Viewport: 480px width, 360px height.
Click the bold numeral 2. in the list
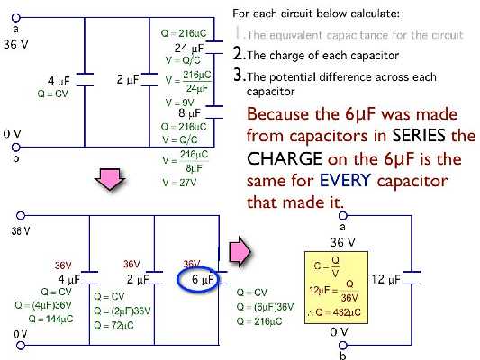tap(239, 54)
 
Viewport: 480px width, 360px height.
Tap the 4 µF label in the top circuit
tap(58, 80)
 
